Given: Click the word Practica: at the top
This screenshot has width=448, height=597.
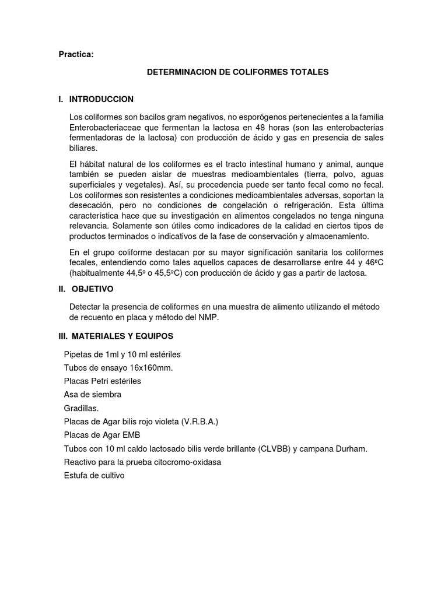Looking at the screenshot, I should coord(75,55).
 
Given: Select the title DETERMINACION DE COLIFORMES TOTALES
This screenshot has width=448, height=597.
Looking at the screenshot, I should coord(237,72).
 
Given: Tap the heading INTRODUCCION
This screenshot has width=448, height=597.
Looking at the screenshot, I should coord(101,99).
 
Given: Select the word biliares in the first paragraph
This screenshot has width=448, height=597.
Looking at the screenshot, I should coord(83,148).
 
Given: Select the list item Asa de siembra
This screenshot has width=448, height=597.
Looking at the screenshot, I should coord(92,394).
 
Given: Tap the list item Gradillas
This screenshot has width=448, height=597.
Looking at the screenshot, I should coord(81,408).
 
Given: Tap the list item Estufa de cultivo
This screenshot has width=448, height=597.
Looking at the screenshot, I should coord(94,475).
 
